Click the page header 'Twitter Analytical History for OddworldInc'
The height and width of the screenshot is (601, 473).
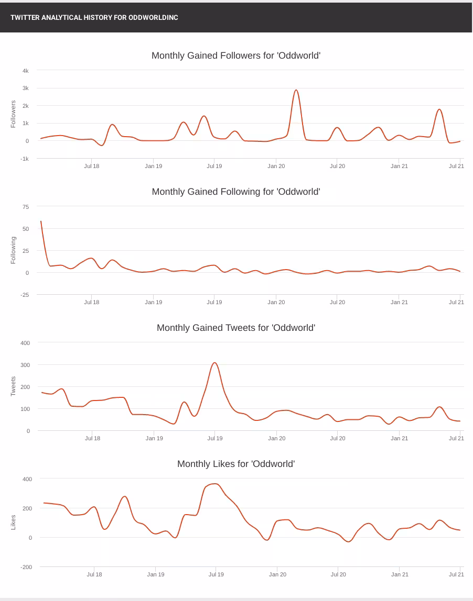click(x=94, y=17)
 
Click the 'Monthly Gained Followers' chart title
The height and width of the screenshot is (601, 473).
click(x=236, y=55)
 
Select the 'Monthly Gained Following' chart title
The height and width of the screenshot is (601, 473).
click(x=236, y=192)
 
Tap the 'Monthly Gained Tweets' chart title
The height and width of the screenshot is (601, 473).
click(x=236, y=328)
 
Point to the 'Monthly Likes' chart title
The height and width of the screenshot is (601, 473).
click(x=236, y=464)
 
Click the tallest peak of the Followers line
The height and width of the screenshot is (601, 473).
click(x=296, y=90)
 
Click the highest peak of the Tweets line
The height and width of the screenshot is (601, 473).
click(x=214, y=363)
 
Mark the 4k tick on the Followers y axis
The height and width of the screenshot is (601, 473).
click(x=25, y=71)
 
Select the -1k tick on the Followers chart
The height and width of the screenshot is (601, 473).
click(x=25, y=159)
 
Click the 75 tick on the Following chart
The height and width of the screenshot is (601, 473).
click(x=26, y=207)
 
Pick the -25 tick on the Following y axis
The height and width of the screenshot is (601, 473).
click(x=25, y=295)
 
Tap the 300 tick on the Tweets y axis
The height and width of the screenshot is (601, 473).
click(x=25, y=365)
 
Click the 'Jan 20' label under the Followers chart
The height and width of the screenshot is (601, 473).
click(x=276, y=166)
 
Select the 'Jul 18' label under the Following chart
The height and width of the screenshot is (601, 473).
click(x=92, y=302)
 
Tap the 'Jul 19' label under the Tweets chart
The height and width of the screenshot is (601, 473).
click(x=214, y=438)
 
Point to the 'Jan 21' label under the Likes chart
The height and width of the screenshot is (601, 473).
click(x=400, y=574)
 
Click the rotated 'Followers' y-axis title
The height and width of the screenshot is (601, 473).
click(x=14, y=114)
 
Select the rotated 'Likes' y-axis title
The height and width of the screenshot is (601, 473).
click(x=14, y=522)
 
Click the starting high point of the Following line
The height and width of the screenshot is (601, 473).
click(x=41, y=221)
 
